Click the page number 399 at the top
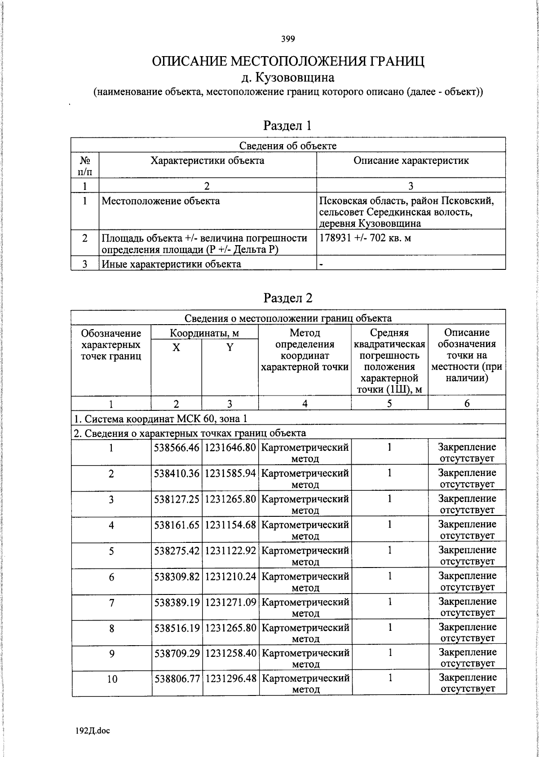point(288,39)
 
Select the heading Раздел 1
point(287,125)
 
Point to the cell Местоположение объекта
point(161,201)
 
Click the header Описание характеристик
point(411,161)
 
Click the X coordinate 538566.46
point(177,448)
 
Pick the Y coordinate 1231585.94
point(230,473)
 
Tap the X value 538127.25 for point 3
point(177,499)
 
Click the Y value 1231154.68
point(230,524)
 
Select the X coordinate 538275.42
point(177,550)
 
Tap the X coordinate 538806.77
point(177,678)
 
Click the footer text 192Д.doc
point(93,731)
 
